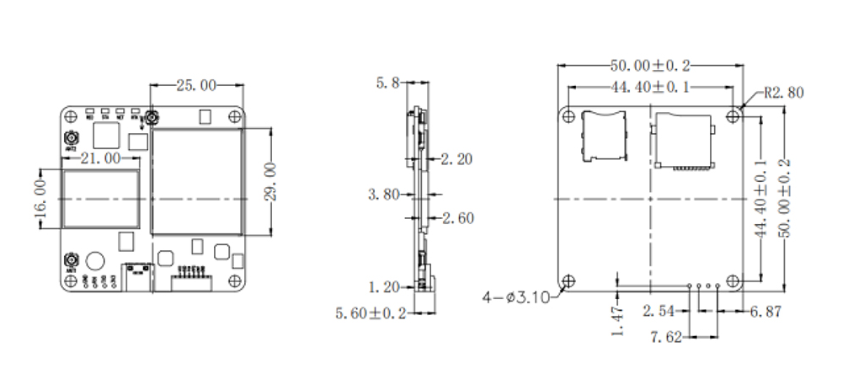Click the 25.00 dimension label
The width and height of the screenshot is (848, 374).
195,84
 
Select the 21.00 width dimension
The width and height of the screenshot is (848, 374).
100,158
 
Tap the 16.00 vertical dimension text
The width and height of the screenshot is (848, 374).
39,198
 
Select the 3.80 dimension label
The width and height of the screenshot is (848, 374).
383,195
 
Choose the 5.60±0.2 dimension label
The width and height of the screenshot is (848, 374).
372,313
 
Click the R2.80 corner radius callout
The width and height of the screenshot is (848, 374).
786,93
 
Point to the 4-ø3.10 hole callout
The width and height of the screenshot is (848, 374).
516,297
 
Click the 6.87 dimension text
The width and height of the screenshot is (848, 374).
765,312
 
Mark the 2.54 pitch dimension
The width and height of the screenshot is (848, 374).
659,312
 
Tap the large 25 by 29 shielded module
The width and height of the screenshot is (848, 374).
197,181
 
